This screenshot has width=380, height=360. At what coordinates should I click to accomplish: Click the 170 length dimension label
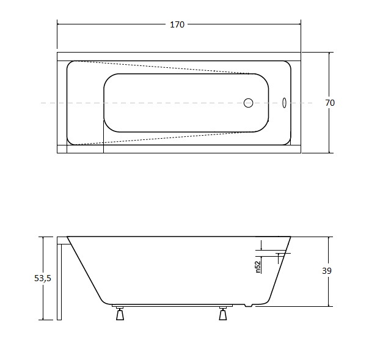click(177, 24)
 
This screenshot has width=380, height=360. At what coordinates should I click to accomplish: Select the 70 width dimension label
click(330, 103)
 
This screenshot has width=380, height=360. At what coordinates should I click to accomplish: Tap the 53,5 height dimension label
click(43, 278)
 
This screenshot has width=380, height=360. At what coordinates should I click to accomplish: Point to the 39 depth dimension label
click(327, 271)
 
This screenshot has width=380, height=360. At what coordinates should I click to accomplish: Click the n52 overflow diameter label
click(258, 267)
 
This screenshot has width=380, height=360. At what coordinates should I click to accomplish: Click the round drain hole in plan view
click(249, 103)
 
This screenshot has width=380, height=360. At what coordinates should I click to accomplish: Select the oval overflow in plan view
click(284, 103)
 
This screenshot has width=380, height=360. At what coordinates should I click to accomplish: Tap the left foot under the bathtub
click(120, 314)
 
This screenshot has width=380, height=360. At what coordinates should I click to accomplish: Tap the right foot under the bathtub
click(223, 314)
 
